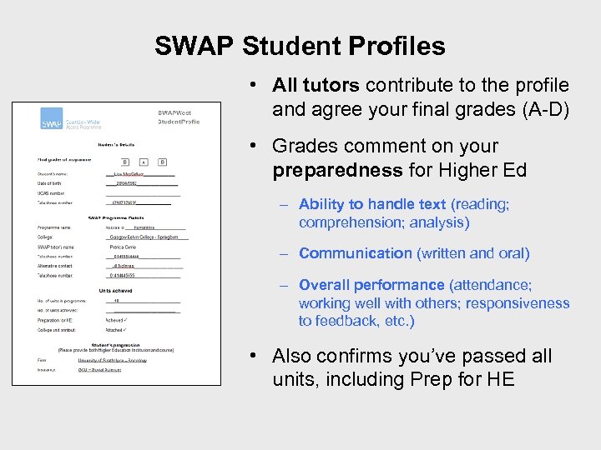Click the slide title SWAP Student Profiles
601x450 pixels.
coord(300,46)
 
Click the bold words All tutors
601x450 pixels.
coord(316,85)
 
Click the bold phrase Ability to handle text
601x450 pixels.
coord(372,204)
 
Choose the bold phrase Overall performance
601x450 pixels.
coord(371,285)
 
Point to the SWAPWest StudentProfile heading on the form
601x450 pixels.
coord(179,117)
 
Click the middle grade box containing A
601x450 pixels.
coord(144,162)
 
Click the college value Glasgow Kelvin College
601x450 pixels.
coord(149,237)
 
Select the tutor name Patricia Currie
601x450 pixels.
coord(123,247)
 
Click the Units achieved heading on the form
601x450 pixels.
coord(116,290)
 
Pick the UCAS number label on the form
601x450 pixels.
coord(53,192)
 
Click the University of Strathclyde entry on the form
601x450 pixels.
coord(112,360)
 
